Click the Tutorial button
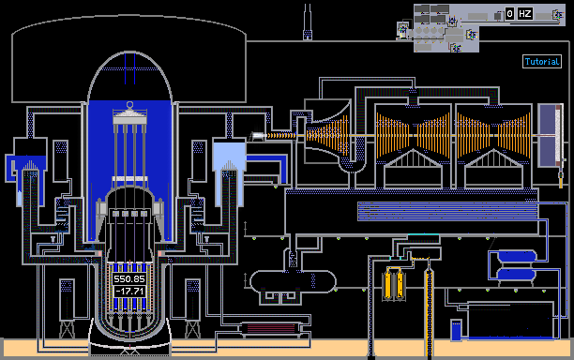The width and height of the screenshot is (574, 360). (x=542, y=62)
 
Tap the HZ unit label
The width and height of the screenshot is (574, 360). (x=524, y=14)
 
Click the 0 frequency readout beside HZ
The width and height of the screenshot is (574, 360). (x=509, y=14)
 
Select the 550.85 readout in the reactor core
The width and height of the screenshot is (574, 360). (x=129, y=279)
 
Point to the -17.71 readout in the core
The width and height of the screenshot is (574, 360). (x=130, y=292)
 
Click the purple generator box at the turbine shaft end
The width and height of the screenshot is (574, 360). (x=550, y=135)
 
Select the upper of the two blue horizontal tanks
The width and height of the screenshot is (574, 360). (x=516, y=256)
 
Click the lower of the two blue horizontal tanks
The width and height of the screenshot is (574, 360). (x=516, y=275)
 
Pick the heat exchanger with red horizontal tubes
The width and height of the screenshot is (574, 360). (x=270, y=328)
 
